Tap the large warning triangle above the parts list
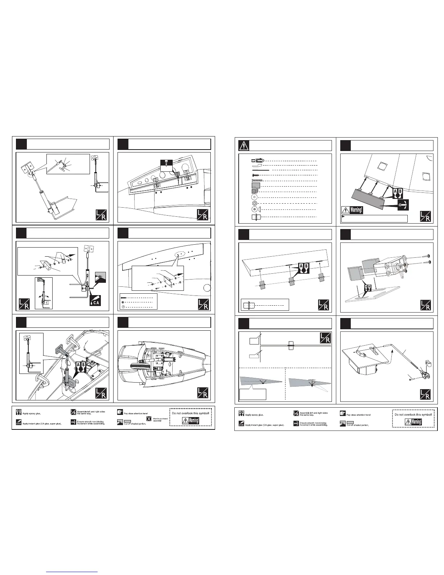pyautogui.click(x=244, y=145)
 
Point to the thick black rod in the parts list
pyautogui.click(x=259, y=170)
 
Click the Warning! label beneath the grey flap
pyautogui.click(x=353, y=210)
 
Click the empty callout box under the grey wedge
pyautogui.click(x=252, y=394)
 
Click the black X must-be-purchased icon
pyautogui.click(x=149, y=419)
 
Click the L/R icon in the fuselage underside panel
pyautogui.click(x=202, y=392)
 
